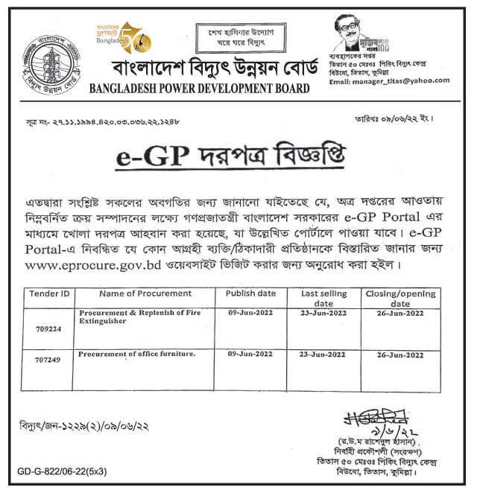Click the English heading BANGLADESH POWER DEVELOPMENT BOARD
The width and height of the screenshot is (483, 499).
[x=198, y=89]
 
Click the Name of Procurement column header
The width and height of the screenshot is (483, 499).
[x=141, y=293]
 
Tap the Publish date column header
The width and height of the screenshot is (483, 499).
[x=250, y=293]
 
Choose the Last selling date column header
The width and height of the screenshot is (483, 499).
[x=325, y=299]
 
